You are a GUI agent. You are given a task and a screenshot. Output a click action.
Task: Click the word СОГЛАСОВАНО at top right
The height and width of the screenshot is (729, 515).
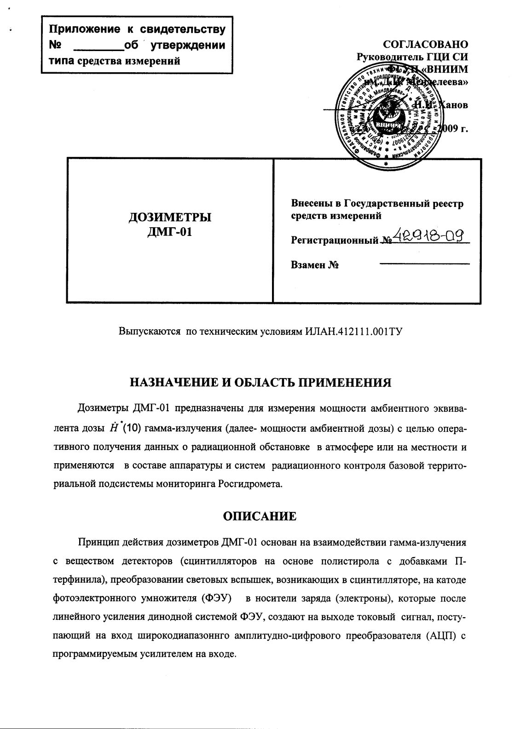pyautogui.click(x=425, y=45)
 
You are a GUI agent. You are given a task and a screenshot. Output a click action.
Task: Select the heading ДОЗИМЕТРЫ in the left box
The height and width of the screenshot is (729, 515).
pyautogui.click(x=169, y=217)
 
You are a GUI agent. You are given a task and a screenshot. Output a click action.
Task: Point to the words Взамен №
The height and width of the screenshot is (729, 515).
pyautogui.click(x=315, y=265)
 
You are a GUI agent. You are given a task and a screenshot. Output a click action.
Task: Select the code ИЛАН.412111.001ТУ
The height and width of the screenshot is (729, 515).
pyautogui.click(x=354, y=331)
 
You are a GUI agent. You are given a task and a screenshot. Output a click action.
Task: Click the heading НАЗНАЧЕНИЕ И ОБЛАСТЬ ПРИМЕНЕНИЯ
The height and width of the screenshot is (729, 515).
pyautogui.click(x=260, y=383)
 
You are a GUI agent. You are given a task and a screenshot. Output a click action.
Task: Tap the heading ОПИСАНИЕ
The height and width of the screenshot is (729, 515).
pyautogui.click(x=260, y=516)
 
